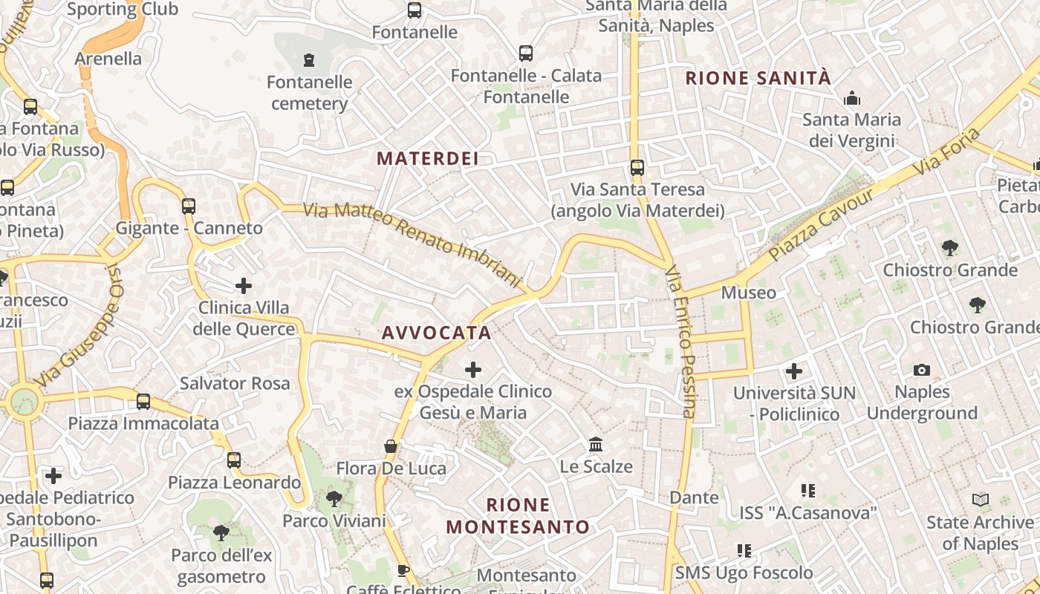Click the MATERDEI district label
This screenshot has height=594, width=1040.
coord(427,158)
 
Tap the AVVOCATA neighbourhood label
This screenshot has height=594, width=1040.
coord(436,333)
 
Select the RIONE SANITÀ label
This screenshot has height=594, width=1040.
coord(758,78)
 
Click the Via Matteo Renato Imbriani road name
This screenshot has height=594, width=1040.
coord(412,243)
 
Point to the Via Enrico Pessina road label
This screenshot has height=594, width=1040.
coord(680,342)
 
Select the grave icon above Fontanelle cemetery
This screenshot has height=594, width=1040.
coord(309,59)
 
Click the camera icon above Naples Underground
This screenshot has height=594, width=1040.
coord(921,370)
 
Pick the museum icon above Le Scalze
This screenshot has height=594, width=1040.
coord(596,444)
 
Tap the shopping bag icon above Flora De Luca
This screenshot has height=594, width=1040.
coord(391,446)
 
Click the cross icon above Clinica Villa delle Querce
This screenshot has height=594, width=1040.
coord(244,285)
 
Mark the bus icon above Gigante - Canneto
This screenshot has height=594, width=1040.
coord(189,206)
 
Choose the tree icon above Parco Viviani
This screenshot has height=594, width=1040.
coord(334,498)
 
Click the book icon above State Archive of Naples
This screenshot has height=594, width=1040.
coord(981,500)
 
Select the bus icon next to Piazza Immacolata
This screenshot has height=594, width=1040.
coord(143,402)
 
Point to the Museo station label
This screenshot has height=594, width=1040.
coord(749,293)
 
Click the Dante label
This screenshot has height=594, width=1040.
coord(695,497)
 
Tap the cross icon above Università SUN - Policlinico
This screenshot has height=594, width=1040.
coord(794,371)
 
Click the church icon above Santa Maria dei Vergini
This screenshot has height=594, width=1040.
coord(851,97)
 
